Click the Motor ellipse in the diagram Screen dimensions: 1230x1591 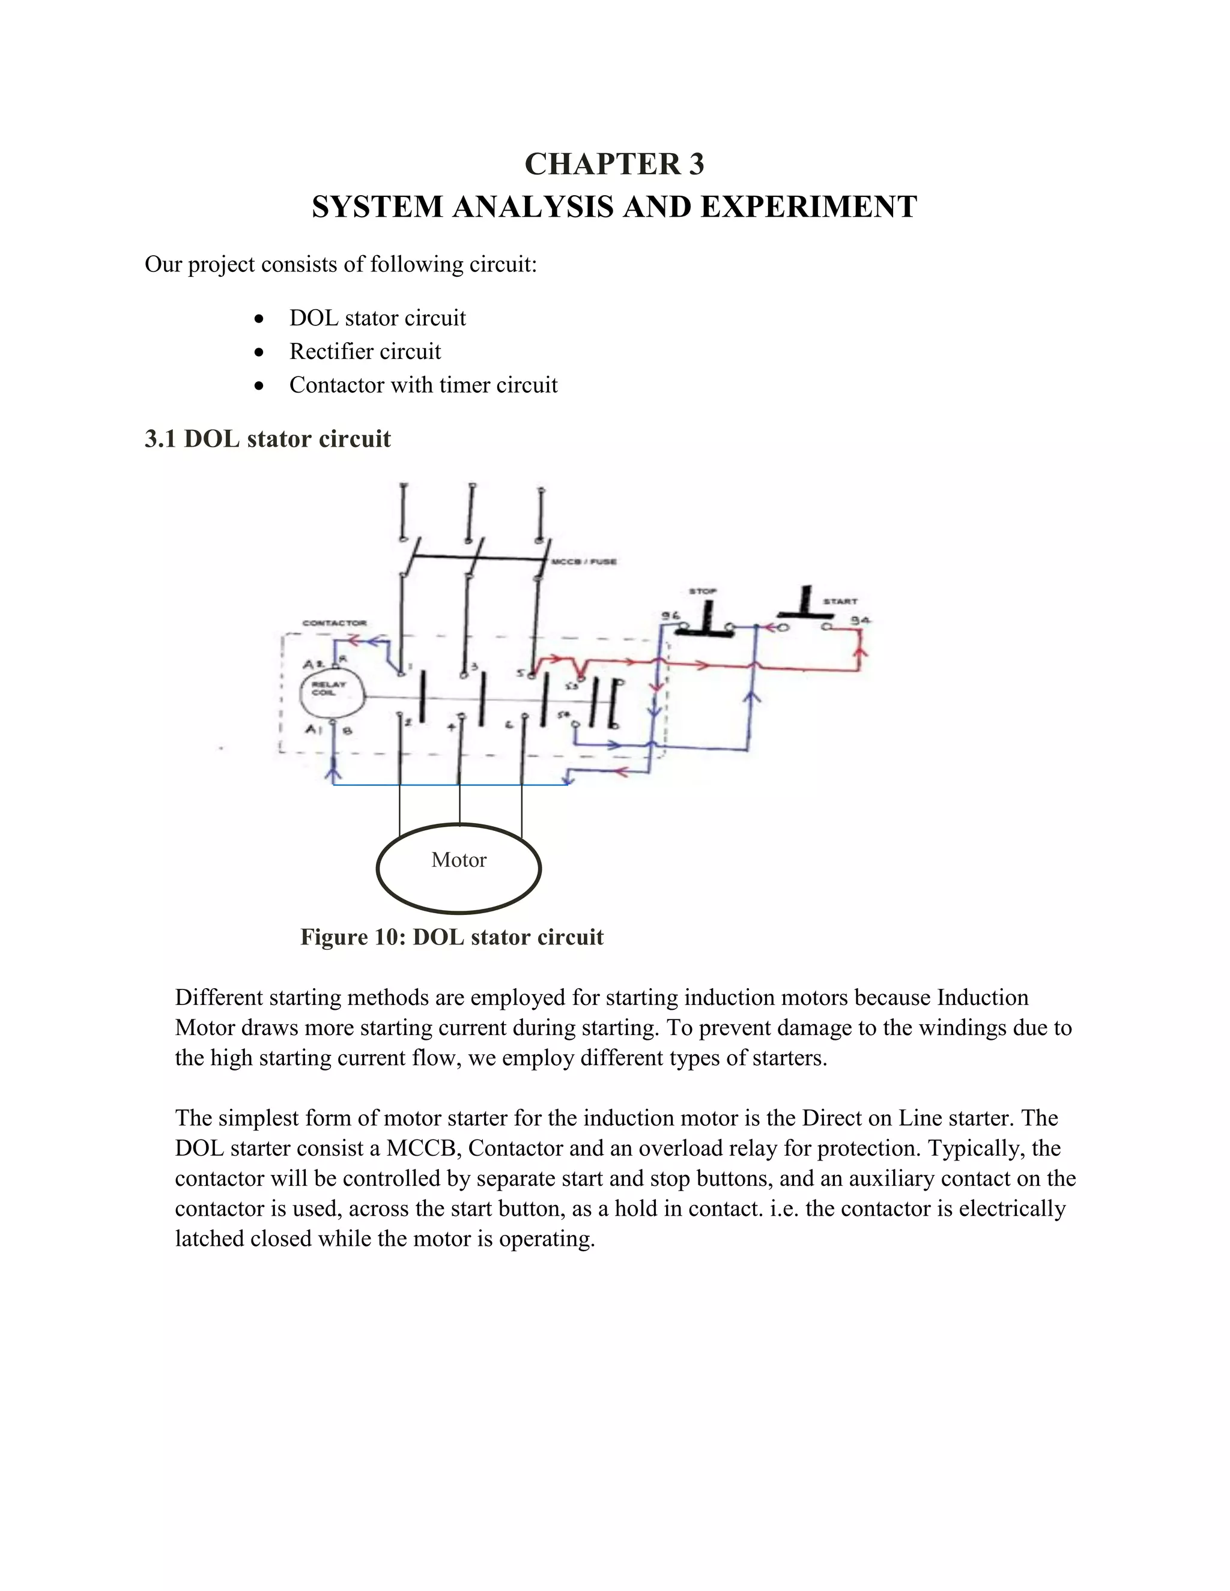[459, 868]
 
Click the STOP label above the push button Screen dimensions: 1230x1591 [703, 591]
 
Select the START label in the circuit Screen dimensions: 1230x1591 [840, 601]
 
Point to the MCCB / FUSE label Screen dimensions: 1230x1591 [584, 562]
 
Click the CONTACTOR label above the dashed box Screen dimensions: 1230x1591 [335, 623]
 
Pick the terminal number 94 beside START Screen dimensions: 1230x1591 [861, 620]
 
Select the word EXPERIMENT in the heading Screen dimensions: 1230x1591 [809, 207]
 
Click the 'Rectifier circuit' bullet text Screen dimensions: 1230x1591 [365, 351]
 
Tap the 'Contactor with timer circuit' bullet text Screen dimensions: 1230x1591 [423, 385]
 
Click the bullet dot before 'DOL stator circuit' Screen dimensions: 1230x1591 [259, 319]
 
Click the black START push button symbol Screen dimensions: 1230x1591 [804, 605]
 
